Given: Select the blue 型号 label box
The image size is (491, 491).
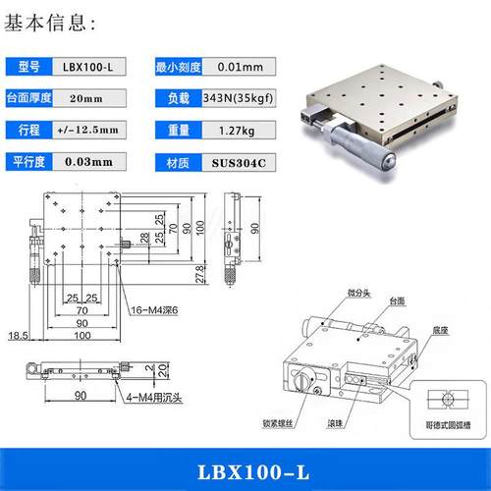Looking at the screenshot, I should tap(32, 67).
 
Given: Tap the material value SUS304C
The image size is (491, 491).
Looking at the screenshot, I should tap(240, 161).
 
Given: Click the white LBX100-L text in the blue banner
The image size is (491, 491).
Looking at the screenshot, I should tap(245, 468).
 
